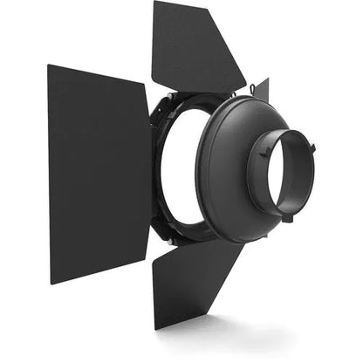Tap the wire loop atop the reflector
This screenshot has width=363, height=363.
point(251,88)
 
